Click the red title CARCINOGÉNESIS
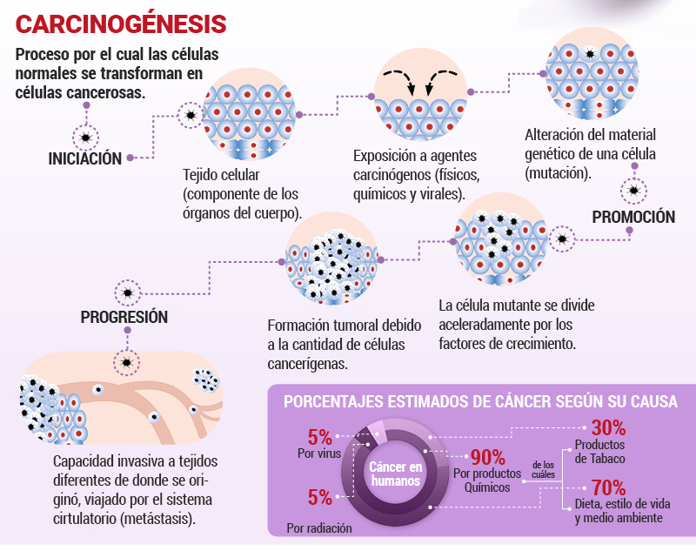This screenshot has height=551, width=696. (121, 24)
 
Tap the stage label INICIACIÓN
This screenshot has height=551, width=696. (84, 158)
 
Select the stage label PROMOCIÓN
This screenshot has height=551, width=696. (633, 217)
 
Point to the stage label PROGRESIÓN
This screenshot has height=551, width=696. (124, 317)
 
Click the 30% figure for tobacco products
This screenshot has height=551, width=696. (608, 428)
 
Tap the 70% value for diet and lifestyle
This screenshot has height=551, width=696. (608, 487)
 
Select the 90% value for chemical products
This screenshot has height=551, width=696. (488, 457)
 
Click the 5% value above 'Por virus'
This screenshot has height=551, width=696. (319, 437)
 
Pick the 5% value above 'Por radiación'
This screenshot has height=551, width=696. (319, 497)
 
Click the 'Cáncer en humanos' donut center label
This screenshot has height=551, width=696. (396, 474)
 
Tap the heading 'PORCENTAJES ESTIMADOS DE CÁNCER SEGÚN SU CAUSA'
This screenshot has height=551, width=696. (480, 401)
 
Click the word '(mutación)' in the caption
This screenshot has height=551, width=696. (559, 173)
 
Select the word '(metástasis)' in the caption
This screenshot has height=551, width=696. (158, 519)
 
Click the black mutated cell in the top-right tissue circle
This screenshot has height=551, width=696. (590, 54)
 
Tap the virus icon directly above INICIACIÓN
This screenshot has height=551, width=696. (85, 138)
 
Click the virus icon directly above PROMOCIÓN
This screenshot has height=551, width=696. (633, 191)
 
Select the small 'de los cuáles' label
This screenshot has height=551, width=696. (543, 470)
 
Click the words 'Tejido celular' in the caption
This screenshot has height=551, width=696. (221, 175)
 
